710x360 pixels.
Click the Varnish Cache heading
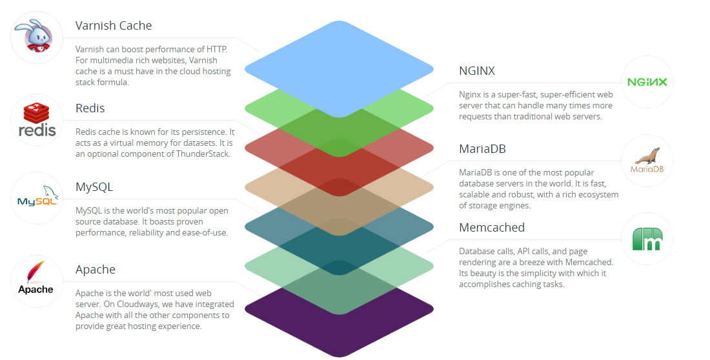(114, 26)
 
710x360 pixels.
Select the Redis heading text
(90, 108)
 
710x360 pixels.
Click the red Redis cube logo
(37, 119)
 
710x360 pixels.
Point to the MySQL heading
(94, 187)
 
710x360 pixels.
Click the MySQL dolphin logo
(38, 196)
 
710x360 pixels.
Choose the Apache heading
(96, 270)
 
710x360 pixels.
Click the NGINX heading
(477, 71)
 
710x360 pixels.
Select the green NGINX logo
(647, 82)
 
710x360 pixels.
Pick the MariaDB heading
(482, 149)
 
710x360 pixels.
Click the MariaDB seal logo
(647, 160)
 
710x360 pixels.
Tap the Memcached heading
(492, 227)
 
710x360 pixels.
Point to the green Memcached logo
(647, 239)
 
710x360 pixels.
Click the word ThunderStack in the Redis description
(203, 154)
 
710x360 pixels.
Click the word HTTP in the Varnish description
(216, 50)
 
